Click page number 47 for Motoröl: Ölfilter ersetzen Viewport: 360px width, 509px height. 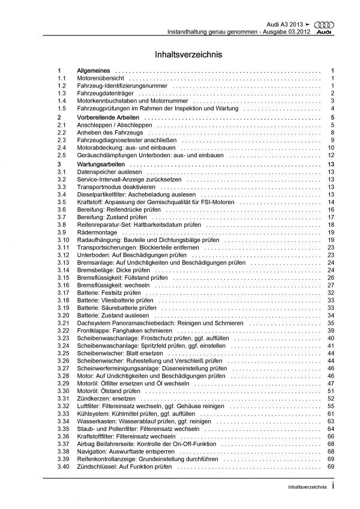point(330,383)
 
